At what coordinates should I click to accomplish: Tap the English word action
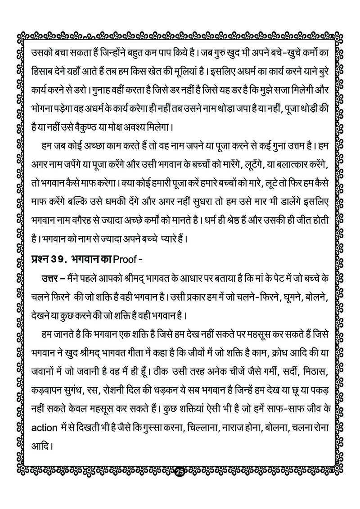click(x=41, y=403)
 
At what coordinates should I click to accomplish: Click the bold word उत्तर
click(x=51, y=278)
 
